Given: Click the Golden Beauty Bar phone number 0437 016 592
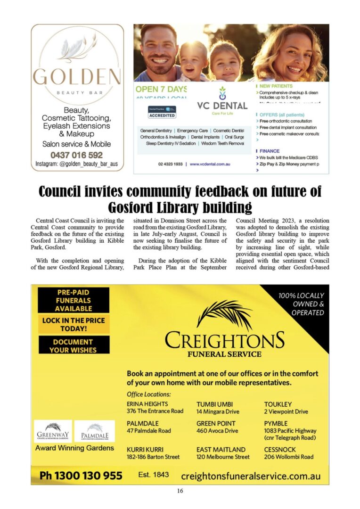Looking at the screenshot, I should coord(77,155).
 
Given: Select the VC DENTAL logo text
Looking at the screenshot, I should coord(222,106).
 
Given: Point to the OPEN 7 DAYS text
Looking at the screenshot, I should coord(161,89).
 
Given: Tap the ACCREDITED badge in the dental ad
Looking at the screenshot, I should coord(162,115).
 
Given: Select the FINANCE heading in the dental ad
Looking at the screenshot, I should coord(269,151).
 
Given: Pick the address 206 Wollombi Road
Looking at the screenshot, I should coord(289,457).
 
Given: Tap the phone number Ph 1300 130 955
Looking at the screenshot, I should coord(81,476).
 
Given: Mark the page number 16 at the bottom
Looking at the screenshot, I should coord(180,491).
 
